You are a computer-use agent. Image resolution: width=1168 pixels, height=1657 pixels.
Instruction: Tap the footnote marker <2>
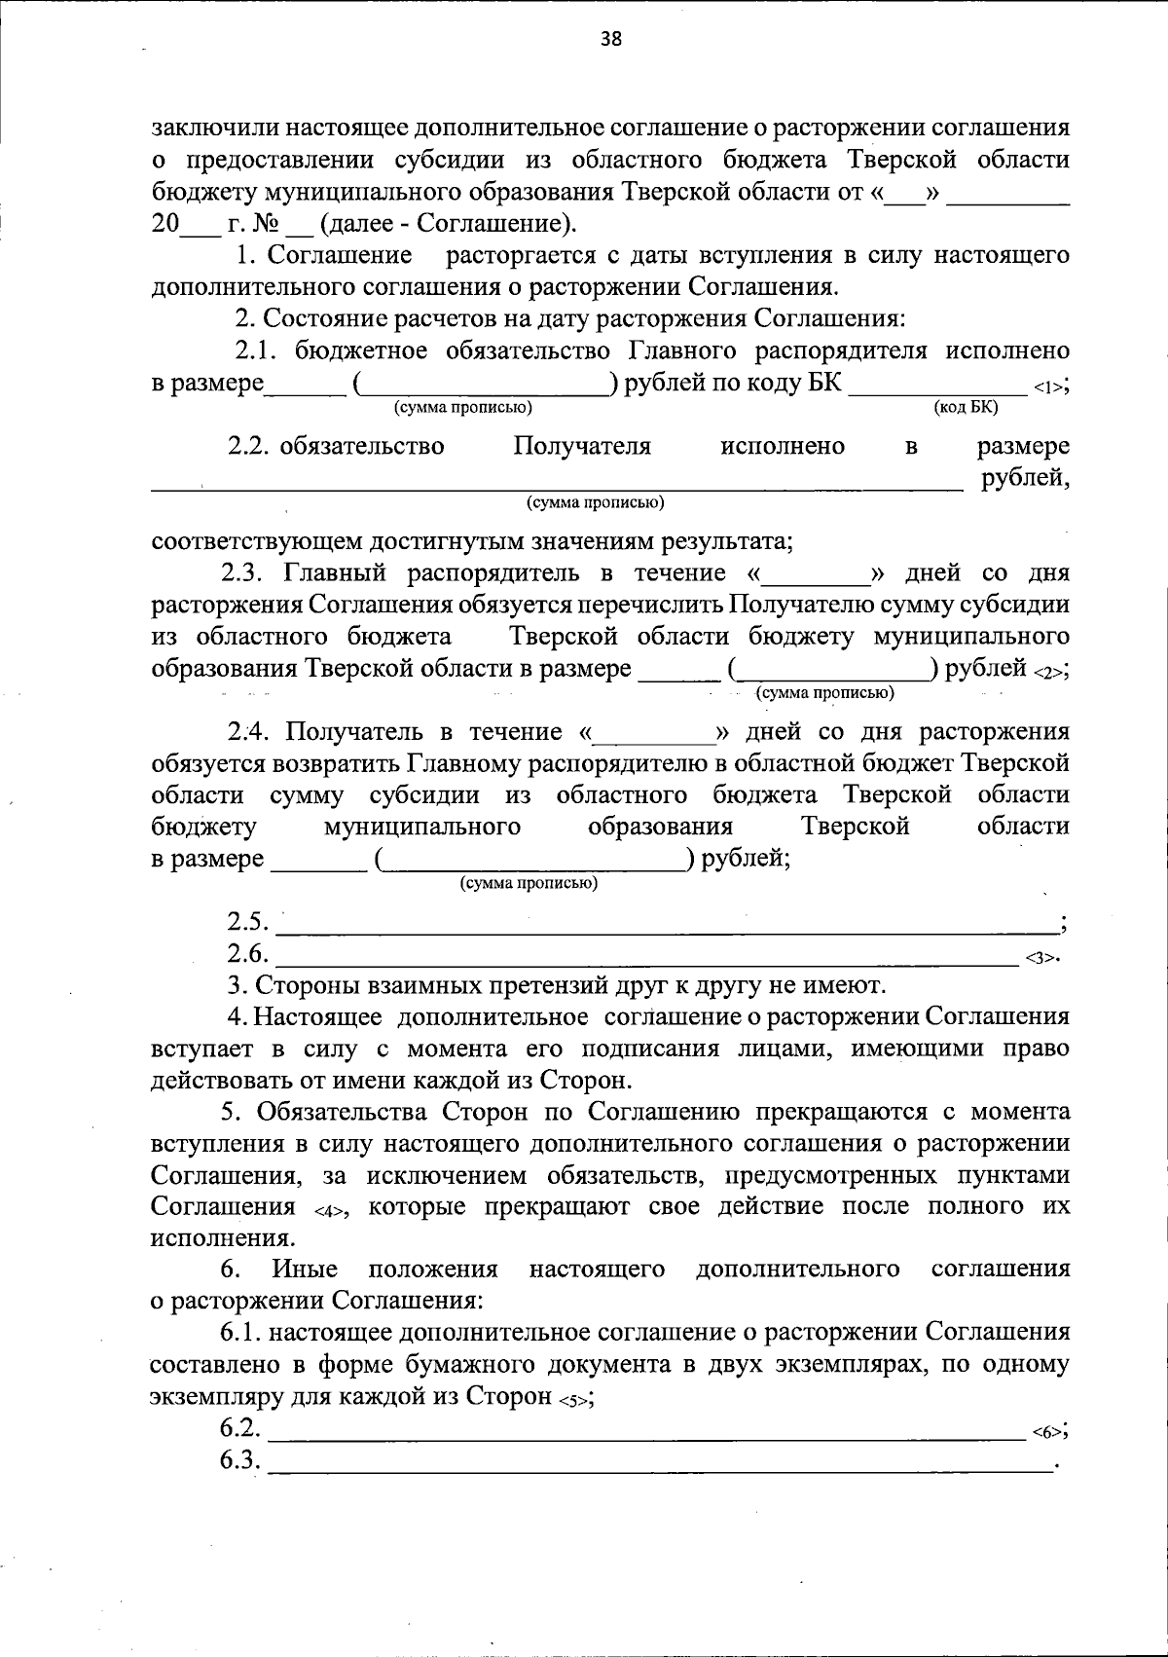[1048, 672]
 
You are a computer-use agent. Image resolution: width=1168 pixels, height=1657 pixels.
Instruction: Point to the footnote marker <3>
[1040, 958]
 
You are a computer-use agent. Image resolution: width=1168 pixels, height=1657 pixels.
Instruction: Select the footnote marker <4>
[330, 1210]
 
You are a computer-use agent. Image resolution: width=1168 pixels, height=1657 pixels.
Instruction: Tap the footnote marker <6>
[1045, 1432]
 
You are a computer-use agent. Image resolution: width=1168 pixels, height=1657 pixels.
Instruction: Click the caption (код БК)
[966, 407]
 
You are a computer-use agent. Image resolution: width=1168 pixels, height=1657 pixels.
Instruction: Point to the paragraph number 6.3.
[240, 1461]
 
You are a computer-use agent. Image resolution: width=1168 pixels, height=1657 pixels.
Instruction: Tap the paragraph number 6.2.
[240, 1429]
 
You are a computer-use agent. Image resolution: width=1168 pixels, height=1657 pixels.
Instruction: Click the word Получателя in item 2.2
[582, 447]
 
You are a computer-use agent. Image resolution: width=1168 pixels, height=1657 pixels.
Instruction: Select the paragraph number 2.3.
[249, 573]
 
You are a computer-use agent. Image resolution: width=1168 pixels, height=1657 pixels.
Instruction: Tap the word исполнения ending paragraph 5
[222, 1239]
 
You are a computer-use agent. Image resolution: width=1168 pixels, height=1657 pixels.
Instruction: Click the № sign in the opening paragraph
[266, 224]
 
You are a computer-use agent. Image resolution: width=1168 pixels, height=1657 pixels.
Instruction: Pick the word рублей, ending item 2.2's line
[1025, 478]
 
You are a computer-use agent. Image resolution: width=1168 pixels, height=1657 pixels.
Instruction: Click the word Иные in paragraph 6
[305, 1270]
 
